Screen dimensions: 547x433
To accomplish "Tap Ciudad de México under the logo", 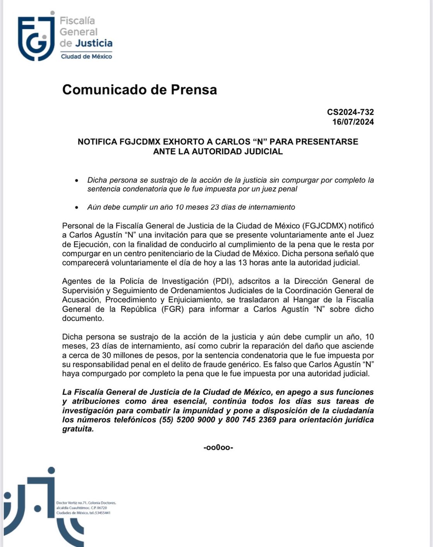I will pos(86,56).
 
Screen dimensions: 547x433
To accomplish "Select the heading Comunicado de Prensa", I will pos(140,90).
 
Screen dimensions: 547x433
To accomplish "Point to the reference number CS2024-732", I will pos(350,112).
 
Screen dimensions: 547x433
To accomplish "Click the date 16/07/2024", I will pos(353,122).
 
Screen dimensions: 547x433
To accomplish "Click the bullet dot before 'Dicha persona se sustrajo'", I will pos(78,181).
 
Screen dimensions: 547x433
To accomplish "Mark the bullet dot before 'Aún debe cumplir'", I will pos(78,208).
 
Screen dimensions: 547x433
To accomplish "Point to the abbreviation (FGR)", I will pos(170,309).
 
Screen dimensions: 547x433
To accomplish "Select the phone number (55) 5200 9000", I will pos(187,420).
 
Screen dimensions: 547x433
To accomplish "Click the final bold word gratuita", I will pos(78,429).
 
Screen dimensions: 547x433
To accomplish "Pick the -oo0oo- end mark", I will pos(218,448).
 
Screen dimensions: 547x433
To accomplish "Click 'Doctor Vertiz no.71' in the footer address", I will pos(72,503).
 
